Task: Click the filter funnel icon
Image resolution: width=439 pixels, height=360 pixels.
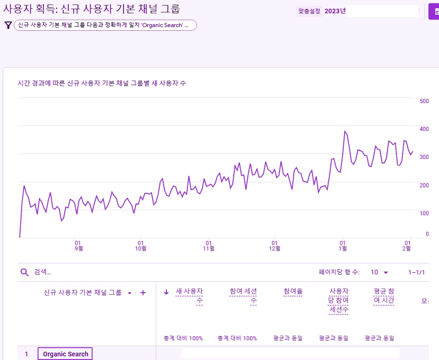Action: [8, 25]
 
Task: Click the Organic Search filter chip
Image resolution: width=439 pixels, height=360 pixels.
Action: [105, 25]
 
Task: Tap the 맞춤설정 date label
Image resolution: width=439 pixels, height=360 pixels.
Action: [309, 11]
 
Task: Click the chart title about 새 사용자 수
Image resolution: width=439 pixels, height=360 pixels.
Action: [101, 83]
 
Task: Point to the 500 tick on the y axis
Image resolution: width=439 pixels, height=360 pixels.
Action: [424, 101]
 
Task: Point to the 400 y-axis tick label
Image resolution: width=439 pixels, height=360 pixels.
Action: [424, 129]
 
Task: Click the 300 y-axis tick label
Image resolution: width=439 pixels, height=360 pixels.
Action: [424, 157]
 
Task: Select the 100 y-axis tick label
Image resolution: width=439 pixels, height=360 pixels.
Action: [424, 213]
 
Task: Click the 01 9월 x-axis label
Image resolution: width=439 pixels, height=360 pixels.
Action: [78, 245]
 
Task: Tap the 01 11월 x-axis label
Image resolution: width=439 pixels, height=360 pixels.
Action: [209, 245]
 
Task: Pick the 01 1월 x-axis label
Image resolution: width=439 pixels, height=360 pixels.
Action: [342, 245]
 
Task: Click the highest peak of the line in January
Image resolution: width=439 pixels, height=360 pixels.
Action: [345, 131]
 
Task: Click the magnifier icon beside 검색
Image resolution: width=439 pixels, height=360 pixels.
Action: [25, 272]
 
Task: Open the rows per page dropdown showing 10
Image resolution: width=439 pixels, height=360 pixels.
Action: [379, 272]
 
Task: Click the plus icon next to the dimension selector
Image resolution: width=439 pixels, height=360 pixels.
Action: [143, 293]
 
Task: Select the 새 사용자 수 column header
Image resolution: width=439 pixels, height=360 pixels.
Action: [189, 296]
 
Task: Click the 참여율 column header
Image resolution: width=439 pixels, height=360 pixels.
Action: [293, 291]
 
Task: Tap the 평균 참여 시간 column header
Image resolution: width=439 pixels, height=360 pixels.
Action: [384, 296]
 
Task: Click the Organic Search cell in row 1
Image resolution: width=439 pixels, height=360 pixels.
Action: [66, 354]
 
